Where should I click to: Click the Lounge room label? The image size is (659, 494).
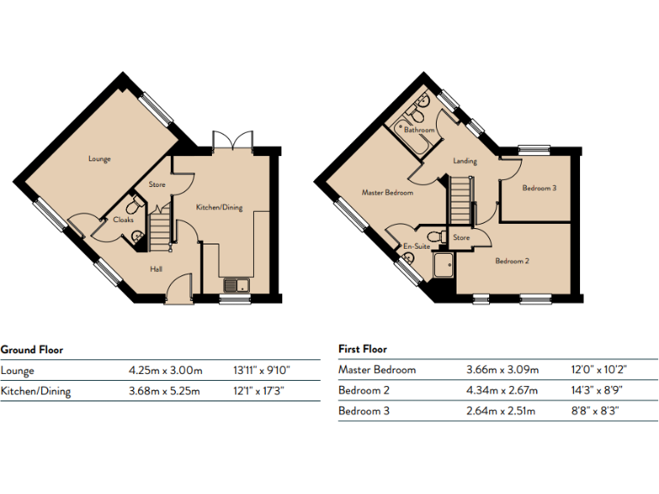[99, 159]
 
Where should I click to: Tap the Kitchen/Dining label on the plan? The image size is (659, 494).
[219, 208]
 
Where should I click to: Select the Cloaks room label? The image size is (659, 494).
[123, 220]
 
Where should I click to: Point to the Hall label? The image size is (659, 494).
[156, 269]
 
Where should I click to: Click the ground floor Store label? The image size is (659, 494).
[156, 184]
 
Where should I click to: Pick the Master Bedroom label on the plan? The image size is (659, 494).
[387, 193]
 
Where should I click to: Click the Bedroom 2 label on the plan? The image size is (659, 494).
[511, 261]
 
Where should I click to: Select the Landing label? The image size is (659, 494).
[465, 160]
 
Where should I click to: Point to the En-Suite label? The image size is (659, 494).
[416, 246]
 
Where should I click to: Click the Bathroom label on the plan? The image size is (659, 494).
[419, 130]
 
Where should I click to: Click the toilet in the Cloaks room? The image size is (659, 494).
[135, 206]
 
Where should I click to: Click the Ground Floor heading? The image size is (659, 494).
[32, 350]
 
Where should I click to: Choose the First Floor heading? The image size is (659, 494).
[362, 350]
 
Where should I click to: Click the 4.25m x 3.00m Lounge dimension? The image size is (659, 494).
[166, 371]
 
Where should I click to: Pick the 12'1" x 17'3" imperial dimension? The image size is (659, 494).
[260, 392]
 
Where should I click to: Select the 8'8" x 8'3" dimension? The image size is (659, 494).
[595, 411]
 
